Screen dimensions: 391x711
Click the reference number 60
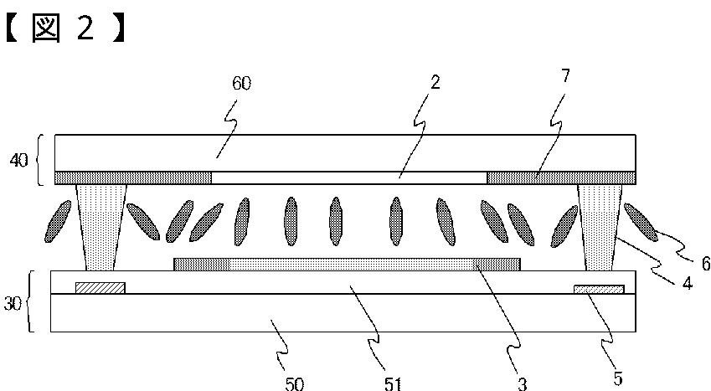click(241, 84)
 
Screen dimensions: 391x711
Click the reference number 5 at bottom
click(617, 378)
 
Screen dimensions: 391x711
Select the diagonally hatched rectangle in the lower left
click(100, 288)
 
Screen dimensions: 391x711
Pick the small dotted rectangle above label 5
click(598, 290)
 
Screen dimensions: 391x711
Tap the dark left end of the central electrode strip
click(201, 265)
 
